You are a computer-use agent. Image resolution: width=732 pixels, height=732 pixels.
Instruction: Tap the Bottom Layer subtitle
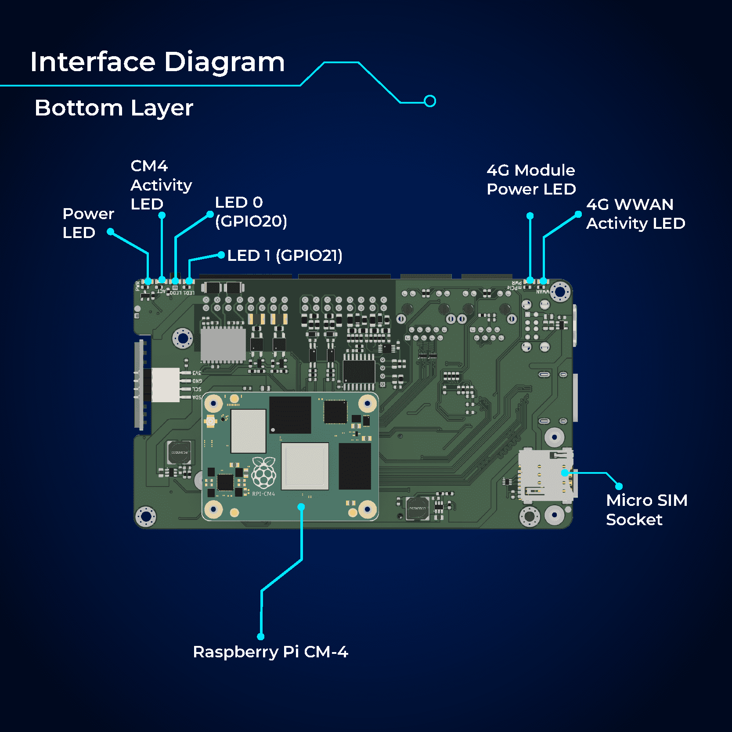(114, 108)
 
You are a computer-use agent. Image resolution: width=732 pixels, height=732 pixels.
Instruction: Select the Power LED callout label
(88, 223)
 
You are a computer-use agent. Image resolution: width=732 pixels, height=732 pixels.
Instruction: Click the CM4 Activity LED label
(161, 185)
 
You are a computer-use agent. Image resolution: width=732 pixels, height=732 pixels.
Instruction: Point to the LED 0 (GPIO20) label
(251, 212)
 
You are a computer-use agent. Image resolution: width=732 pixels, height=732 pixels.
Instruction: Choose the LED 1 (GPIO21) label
(285, 256)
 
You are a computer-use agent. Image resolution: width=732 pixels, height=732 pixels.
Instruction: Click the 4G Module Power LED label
(531, 180)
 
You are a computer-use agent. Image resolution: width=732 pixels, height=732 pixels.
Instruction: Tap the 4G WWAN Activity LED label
(635, 214)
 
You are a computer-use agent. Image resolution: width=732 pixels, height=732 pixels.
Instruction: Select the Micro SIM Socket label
(646, 510)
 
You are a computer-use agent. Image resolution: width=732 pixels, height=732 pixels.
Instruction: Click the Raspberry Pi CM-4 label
(270, 652)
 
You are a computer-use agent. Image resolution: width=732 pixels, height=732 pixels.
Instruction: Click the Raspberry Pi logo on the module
(263, 473)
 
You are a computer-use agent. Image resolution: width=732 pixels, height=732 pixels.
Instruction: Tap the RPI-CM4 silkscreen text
(263, 494)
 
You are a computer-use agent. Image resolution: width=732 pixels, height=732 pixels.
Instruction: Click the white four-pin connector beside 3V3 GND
(166, 385)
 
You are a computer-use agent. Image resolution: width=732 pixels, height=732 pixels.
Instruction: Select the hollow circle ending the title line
(430, 101)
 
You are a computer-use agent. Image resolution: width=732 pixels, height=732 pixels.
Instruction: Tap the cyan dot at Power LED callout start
(111, 231)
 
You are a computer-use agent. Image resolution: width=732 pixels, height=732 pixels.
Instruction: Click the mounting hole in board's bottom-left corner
(145, 516)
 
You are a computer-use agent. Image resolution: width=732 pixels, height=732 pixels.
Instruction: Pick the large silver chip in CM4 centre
(305, 466)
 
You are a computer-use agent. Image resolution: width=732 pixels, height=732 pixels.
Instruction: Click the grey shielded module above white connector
(223, 345)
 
